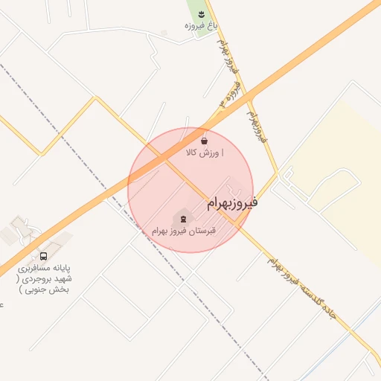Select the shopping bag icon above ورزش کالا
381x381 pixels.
(x=204, y=140)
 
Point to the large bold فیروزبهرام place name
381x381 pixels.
(x=232, y=202)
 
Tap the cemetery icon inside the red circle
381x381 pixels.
(x=181, y=218)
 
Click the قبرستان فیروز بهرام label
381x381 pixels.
(x=183, y=231)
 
